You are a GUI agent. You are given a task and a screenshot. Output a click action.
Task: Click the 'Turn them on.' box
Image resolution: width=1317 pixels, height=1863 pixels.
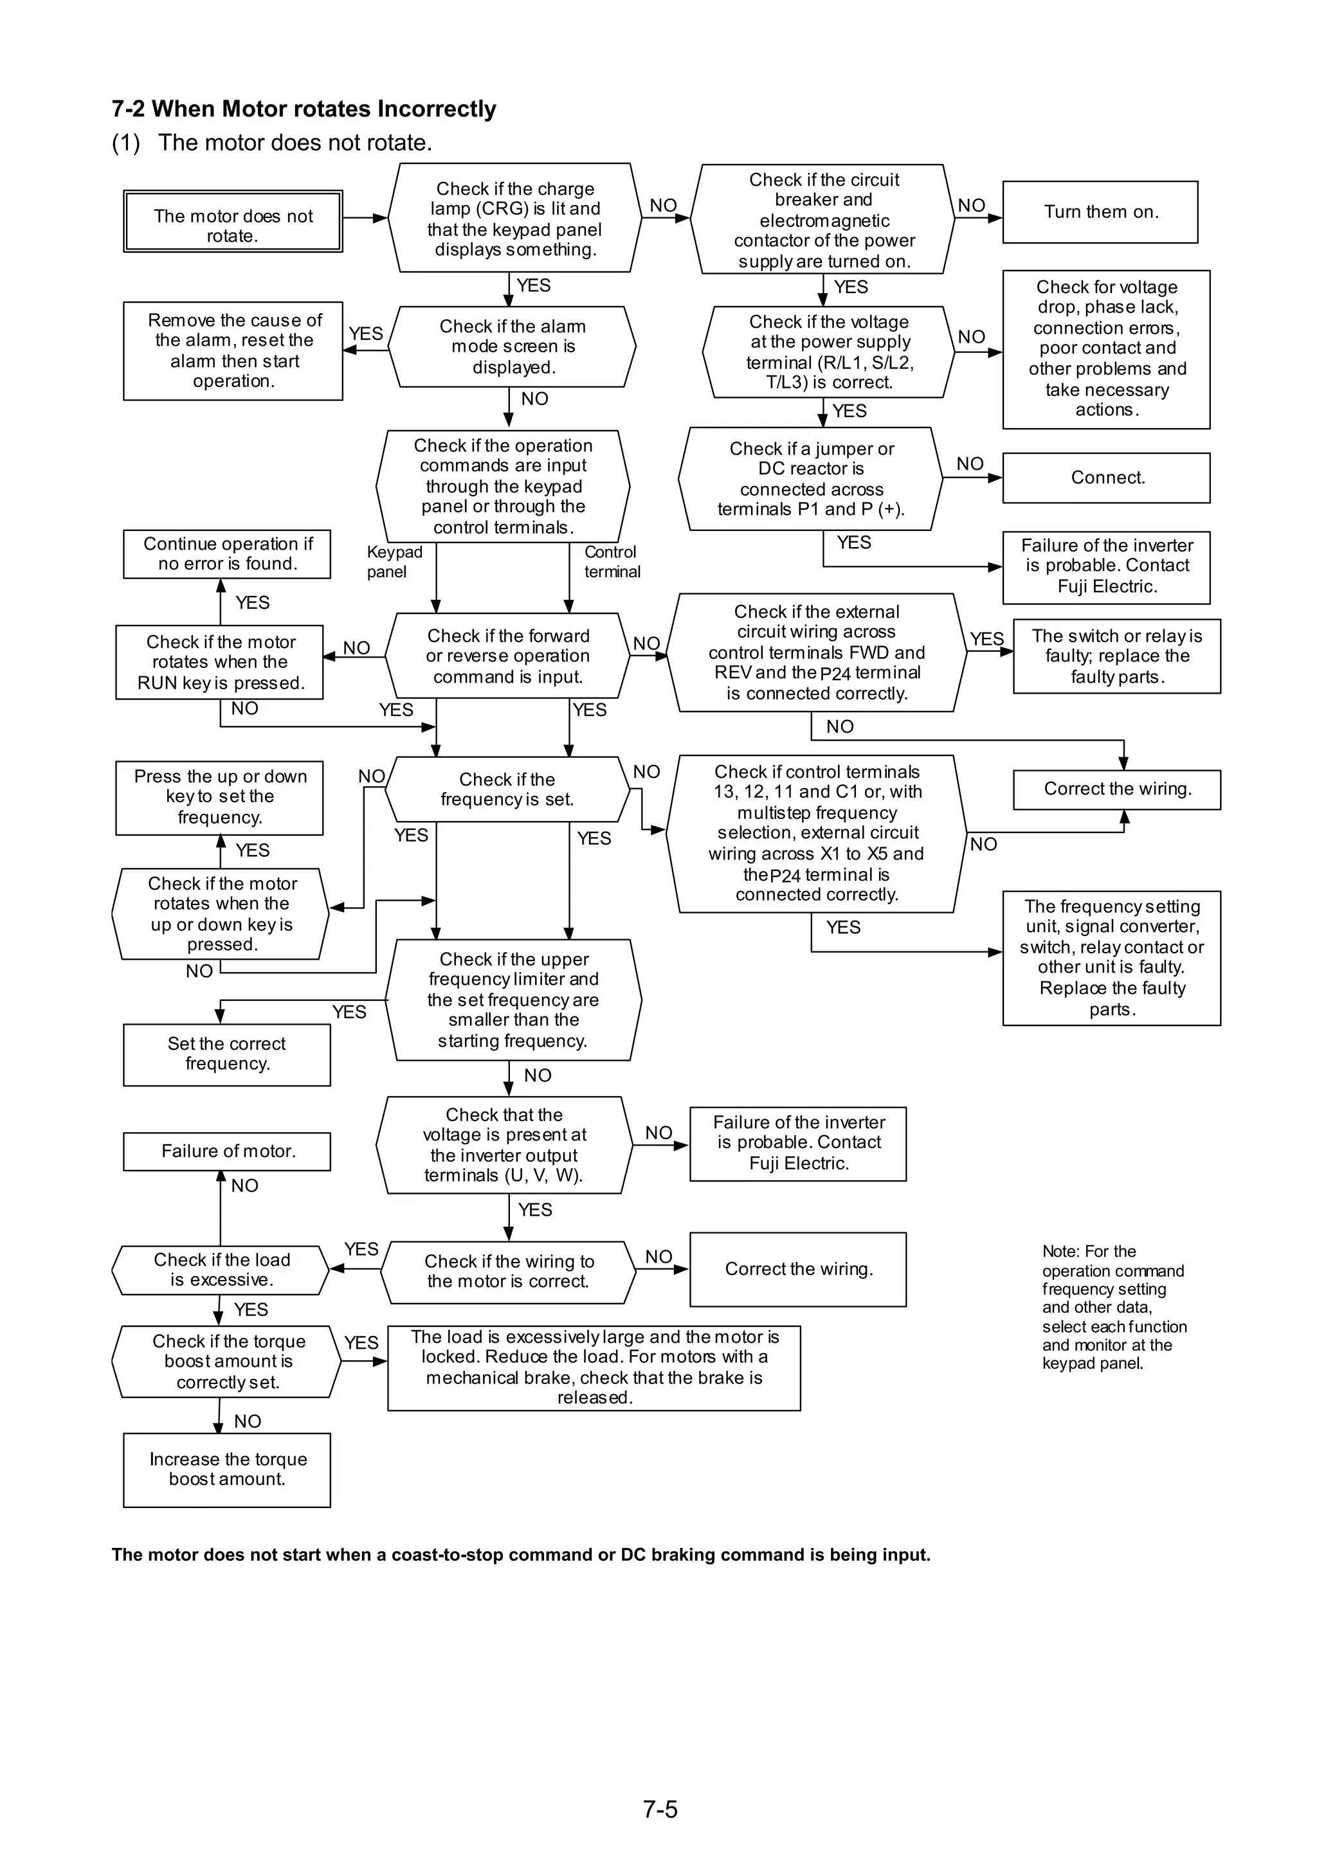[1100, 212]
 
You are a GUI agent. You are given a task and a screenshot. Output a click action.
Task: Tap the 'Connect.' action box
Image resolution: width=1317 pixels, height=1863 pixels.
[1106, 478]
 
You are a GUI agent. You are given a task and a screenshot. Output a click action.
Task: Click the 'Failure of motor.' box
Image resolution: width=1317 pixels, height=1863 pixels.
[227, 1151]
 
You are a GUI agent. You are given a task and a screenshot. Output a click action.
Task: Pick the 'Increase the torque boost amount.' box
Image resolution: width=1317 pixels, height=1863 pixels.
[227, 1470]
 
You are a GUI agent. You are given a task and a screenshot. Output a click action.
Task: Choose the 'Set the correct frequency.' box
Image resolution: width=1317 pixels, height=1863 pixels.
[227, 1055]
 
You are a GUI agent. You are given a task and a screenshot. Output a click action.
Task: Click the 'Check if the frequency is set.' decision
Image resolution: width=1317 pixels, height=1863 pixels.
[508, 789]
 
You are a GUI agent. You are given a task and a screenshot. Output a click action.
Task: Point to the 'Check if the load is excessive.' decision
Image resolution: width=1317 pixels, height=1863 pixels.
[221, 1270]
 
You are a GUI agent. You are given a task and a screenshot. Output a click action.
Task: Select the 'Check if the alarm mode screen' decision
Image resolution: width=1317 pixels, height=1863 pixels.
[512, 346]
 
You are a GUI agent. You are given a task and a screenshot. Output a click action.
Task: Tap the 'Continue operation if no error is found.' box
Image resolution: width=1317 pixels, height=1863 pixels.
[227, 554]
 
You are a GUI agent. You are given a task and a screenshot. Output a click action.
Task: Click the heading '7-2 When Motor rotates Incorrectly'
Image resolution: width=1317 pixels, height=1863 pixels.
[304, 109]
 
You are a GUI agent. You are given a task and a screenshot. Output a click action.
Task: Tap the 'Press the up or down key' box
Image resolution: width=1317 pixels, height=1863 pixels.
[219, 798]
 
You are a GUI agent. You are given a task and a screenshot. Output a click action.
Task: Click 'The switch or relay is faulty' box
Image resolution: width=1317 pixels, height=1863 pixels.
[1116, 656]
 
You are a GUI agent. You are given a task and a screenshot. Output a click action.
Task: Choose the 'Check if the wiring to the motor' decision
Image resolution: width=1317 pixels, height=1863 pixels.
[509, 1272]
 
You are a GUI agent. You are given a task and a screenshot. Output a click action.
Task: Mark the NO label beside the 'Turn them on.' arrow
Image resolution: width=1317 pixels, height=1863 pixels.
[971, 206]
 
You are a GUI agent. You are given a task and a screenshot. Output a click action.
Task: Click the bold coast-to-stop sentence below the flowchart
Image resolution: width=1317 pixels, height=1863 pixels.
[521, 1554]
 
